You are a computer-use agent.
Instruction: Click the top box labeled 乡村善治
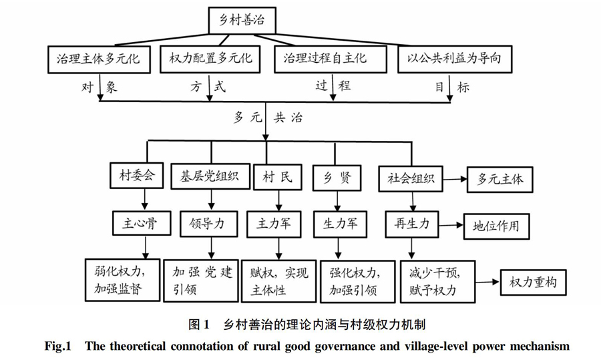tap(242, 20)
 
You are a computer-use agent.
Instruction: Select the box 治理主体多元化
tap(99, 59)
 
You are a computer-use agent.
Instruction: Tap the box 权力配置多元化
tap(210, 59)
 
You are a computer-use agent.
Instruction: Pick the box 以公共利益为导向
tap(455, 59)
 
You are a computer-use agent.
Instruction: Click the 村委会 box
tap(137, 176)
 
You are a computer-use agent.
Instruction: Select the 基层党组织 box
tap(210, 176)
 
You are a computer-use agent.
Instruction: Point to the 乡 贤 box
tap(337, 178)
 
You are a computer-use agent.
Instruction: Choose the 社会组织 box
tap(411, 178)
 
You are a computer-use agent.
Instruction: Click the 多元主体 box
tap(499, 180)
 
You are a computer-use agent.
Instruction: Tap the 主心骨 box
tap(142, 223)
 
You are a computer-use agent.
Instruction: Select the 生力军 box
tap(340, 224)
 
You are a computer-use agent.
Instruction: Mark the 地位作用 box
tap(496, 226)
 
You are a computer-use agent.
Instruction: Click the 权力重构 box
tap(533, 283)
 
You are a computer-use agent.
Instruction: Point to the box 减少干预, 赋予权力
tap(437, 282)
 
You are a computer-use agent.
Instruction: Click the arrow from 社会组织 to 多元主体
tap(455, 179)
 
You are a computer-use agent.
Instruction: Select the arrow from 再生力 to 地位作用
tap(451, 226)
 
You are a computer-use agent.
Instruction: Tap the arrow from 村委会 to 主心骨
tap(144, 199)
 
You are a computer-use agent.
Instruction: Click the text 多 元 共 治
tap(268, 118)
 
